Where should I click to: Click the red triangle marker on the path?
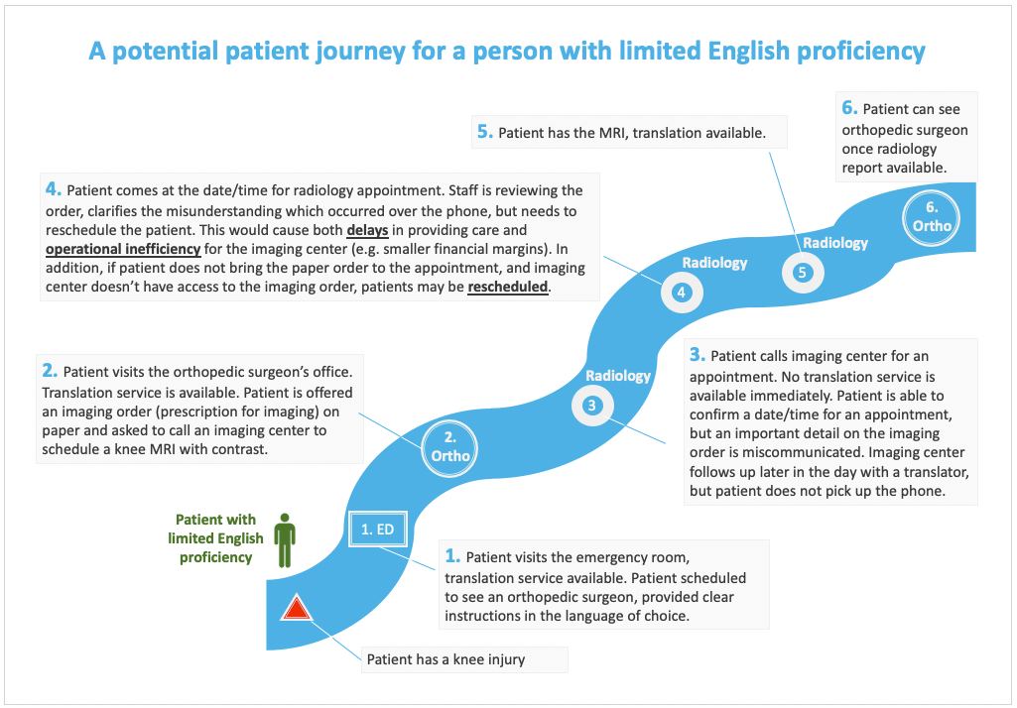click(297, 608)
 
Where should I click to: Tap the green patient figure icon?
click(284, 540)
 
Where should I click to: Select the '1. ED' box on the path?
click(377, 530)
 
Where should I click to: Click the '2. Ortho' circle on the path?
click(450, 447)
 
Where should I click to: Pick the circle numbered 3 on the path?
click(592, 406)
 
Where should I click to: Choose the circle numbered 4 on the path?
click(682, 293)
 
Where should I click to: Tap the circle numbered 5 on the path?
click(803, 273)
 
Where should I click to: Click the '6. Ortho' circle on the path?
click(932, 218)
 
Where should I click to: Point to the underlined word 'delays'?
click(368, 230)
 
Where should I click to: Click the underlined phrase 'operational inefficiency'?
click(123, 249)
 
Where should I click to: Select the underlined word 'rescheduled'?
click(508, 287)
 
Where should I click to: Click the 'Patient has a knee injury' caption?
click(446, 659)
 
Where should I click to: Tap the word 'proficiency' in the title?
click(860, 51)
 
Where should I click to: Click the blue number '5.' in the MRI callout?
click(485, 132)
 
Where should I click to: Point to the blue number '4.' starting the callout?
click(54, 188)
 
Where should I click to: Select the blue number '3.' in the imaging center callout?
click(698, 354)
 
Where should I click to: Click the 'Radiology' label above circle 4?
click(714, 263)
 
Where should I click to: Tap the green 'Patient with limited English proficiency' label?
click(216, 538)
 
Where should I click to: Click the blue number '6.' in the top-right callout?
click(849, 108)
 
